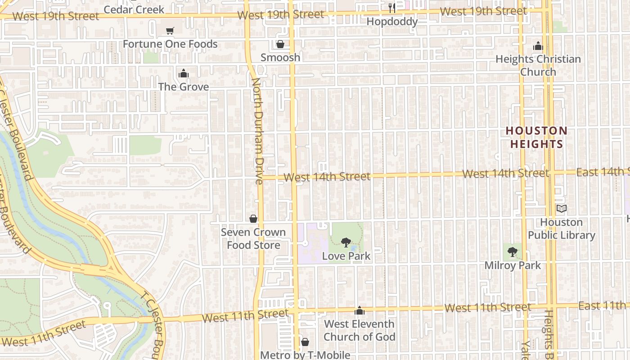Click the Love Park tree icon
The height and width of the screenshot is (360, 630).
(346, 243)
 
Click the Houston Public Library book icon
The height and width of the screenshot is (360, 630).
(561, 209)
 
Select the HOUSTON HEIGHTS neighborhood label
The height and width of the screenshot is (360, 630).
(536, 137)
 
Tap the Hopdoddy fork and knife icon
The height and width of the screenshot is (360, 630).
(392, 8)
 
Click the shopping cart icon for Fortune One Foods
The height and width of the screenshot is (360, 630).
(170, 31)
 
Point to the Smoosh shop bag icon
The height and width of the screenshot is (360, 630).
(280, 44)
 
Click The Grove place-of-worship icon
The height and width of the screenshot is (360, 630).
(183, 73)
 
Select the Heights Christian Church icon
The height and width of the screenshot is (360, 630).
(538, 46)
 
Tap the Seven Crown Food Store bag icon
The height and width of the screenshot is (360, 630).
(253, 219)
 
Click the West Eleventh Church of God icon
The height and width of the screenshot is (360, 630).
(359, 310)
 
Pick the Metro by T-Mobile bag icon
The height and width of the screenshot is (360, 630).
(305, 342)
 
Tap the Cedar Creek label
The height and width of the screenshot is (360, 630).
(134, 9)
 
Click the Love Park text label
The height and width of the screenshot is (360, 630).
(346, 256)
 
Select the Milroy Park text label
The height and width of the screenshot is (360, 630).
(513, 265)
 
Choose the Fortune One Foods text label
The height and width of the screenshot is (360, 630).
(170, 44)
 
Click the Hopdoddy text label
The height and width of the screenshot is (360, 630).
(392, 21)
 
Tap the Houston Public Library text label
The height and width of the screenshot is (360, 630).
(561, 229)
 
